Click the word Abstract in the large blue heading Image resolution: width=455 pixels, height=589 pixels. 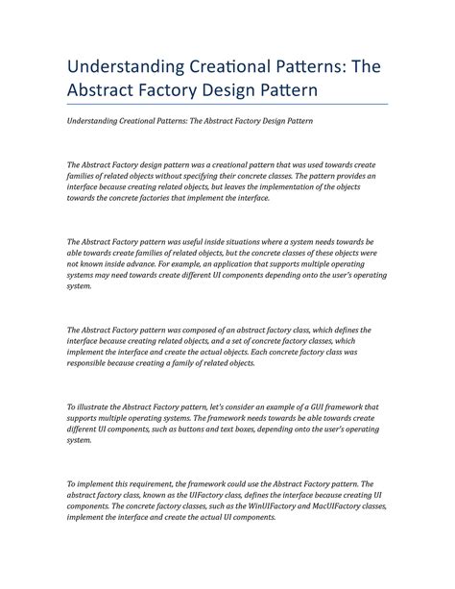coord(105,89)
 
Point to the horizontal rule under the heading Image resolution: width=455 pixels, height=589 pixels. coord(227,104)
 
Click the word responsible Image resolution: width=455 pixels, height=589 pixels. coord(95,363)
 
